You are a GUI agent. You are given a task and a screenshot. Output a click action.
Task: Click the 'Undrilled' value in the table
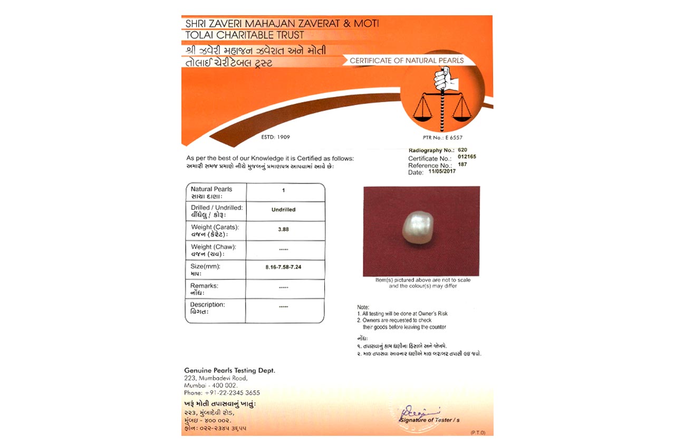283,210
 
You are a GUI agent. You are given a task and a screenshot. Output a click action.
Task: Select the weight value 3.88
283,229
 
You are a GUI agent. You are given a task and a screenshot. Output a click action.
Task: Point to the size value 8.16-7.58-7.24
283,268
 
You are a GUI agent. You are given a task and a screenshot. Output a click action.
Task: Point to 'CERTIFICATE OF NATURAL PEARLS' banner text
407,61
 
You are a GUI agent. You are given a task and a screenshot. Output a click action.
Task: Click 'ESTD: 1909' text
275,137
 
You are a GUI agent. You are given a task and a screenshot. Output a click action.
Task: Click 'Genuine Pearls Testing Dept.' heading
229,371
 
